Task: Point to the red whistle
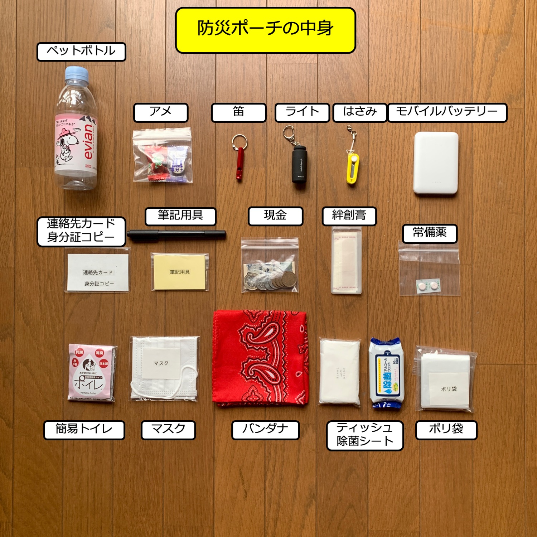pos(240,163)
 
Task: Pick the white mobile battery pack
pos(436,163)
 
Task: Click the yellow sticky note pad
pos(180,272)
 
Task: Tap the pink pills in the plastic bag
pos(428,286)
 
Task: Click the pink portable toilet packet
pos(92,373)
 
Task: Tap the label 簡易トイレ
pos(84,430)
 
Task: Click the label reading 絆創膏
pos(349,216)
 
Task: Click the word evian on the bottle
pos(87,142)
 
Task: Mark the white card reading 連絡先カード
pos(98,272)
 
